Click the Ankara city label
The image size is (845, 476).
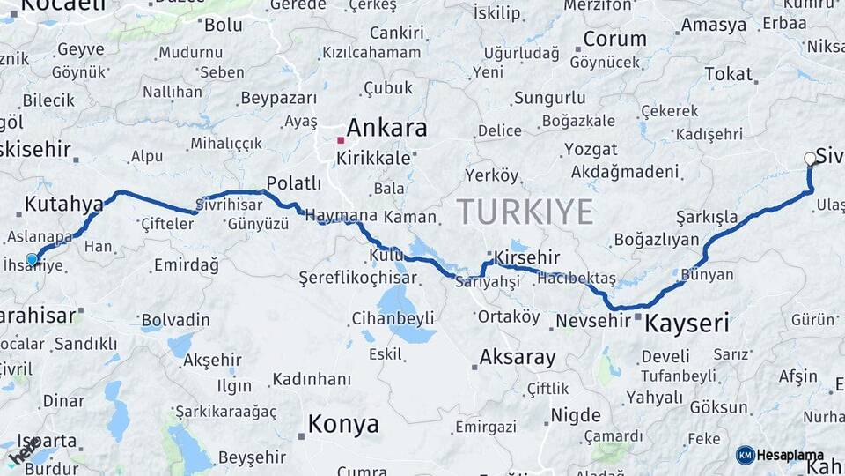coord(386,128)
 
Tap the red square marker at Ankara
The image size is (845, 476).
coord(341,140)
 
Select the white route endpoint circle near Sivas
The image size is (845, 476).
coord(810,160)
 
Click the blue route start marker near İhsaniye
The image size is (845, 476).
coord(33,259)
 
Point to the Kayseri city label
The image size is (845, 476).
coord(687,324)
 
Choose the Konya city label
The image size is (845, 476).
coord(343,425)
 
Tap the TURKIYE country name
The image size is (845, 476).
coord(525,212)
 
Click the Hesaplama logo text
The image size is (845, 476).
coord(790,455)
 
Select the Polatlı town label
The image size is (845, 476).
coord(294,183)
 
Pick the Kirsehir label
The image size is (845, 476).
coord(527,257)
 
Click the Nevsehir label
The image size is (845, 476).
coord(597,321)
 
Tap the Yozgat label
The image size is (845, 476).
coord(591,149)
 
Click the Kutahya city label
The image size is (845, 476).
coord(63,205)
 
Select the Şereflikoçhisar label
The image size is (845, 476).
coord(357,277)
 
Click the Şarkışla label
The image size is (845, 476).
coord(707,216)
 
